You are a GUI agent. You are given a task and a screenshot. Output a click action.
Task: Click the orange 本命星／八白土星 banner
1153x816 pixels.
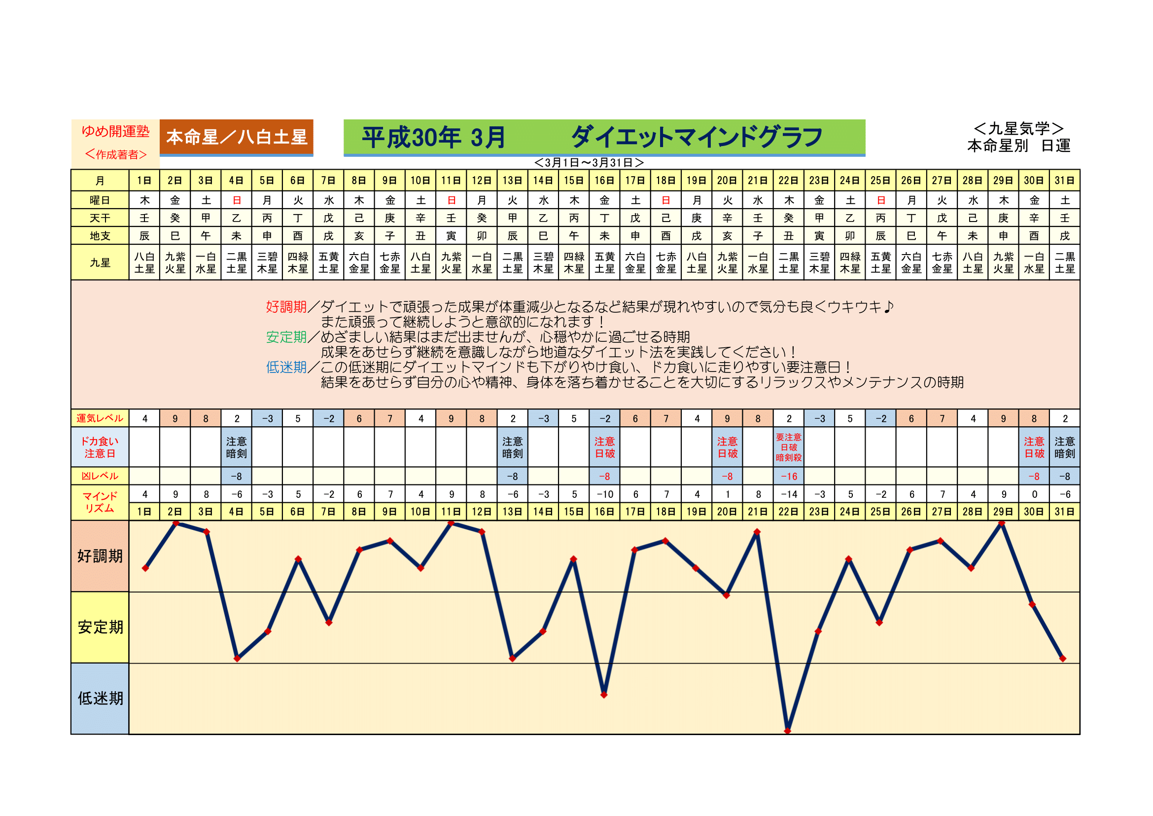pyautogui.click(x=236, y=137)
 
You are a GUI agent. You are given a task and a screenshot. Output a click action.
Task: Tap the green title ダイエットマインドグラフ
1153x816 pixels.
pyautogui.click(x=697, y=137)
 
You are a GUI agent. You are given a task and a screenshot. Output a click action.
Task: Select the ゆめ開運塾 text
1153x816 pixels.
pyautogui.click(x=115, y=132)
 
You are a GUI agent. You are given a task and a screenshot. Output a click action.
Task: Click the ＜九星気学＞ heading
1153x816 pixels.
pyautogui.click(x=1018, y=129)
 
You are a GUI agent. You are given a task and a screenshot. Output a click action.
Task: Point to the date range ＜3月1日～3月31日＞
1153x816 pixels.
pyautogui.click(x=589, y=163)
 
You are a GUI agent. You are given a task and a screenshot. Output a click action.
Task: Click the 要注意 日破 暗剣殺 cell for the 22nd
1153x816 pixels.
pyautogui.click(x=788, y=447)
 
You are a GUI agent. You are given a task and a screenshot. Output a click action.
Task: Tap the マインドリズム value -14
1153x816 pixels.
pyautogui.click(x=788, y=494)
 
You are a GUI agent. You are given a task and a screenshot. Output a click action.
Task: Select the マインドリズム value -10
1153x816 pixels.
pyautogui.click(x=605, y=494)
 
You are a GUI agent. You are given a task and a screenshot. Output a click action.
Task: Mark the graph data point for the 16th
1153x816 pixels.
pyautogui.click(x=604, y=695)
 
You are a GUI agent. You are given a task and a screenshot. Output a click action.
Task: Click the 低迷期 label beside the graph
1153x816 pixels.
pyautogui.click(x=100, y=699)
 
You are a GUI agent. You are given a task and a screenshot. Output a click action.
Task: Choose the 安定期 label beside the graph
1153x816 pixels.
pyautogui.click(x=100, y=627)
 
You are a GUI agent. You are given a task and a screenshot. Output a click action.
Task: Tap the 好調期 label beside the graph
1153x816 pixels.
pyautogui.click(x=100, y=556)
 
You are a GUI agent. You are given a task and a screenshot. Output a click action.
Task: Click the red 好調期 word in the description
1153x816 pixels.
pyautogui.click(x=286, y=306)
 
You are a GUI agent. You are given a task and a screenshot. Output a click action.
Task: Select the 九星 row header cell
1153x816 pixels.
pyautogui.click(x=100, y=262)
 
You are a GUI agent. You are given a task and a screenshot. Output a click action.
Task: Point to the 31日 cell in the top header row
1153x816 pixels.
pyautogui.click(x=1064, y=181)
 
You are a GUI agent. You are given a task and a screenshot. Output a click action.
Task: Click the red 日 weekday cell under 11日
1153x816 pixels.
pyautogui.click(x=452, y=200)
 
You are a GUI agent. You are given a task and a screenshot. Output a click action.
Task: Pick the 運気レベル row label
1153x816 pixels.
pyautogui.click(x=100, y=418)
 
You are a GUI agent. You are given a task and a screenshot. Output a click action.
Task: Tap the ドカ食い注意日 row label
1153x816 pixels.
pyautogui.click(x=100, y=447)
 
